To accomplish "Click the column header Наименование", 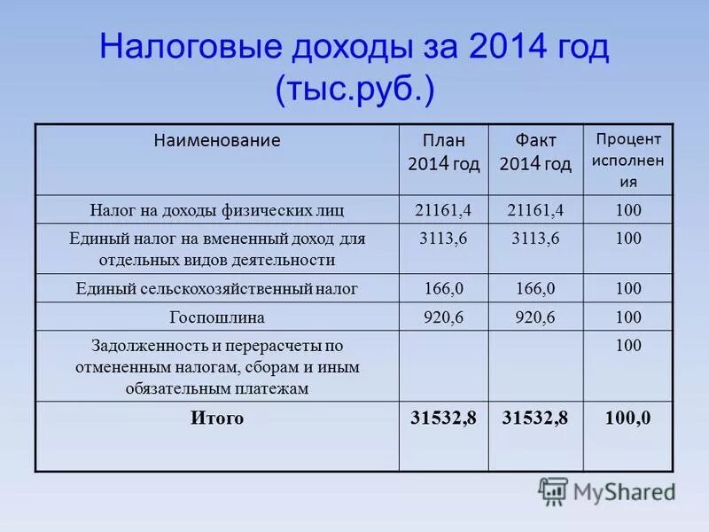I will (217, 140).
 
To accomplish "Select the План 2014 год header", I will (443, 152).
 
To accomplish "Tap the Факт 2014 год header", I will (535, 152).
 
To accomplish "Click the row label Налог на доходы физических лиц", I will (217, 210).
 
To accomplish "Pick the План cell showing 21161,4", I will (443, 210).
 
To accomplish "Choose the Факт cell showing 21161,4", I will (535, 210).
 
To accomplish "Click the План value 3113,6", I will (443, 239).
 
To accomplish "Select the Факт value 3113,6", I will (535, 239).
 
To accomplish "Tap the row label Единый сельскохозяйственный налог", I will (217, 289).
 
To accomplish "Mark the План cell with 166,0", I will (443, 289).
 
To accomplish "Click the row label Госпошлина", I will (217, 317).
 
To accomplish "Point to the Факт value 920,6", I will (535, 317).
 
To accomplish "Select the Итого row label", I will (217, 419).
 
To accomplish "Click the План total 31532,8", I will (444, 419).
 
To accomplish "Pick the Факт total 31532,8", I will (535, 419).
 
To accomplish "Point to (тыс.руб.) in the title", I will (354, 90).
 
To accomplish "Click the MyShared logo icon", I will (553, 491).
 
